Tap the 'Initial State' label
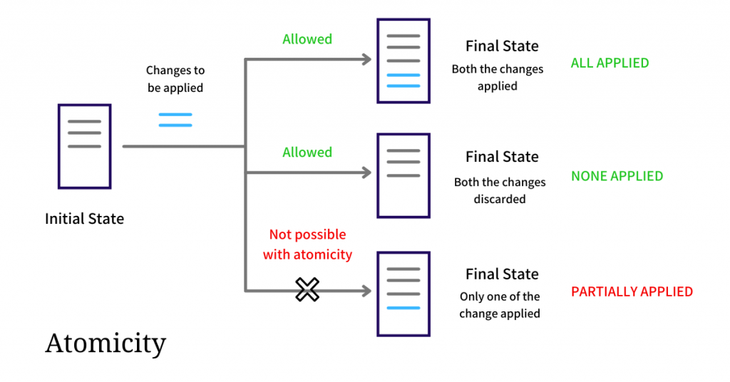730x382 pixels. pos(84,219)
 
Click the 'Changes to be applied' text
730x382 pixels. pos(175,78)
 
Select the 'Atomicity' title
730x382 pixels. pos(106,344)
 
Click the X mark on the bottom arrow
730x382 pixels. pos(307,289)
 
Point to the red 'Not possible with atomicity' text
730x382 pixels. pos(307,244)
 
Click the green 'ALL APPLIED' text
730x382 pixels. pos(610,63)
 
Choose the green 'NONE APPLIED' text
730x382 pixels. pos(617,176)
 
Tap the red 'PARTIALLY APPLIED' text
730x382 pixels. pos(632,291)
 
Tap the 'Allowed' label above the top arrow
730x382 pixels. pos(307,39)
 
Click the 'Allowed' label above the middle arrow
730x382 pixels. pos(307,152)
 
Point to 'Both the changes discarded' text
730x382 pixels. pos(500,190)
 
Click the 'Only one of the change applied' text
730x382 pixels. pos(500,305)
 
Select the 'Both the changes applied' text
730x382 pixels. pos(497,77)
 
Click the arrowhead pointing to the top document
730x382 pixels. pos(367,59)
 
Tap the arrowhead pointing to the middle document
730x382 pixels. pos(367,172)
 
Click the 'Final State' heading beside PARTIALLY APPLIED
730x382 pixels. pos(502,274)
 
